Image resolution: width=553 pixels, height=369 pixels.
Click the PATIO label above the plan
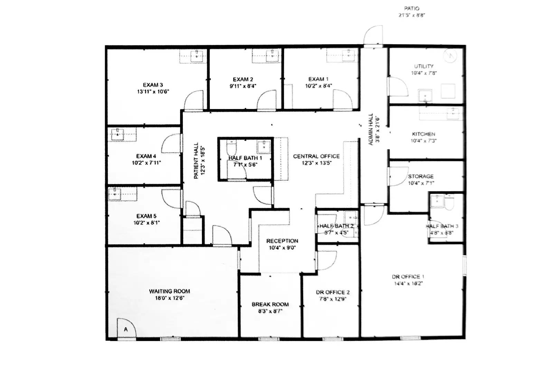coord(411,8)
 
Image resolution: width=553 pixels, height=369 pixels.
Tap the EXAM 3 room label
coord(153,85)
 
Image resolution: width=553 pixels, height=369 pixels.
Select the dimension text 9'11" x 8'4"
coord(243,86)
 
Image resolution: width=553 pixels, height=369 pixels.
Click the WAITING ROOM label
coord(169,291)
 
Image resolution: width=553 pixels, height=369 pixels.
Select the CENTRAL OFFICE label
coord(316,156)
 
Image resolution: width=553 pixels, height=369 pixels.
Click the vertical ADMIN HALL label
coord(371,129)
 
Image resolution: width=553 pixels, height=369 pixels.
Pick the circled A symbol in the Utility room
coord(451,55)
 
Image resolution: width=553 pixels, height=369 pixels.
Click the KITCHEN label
coord(423,134)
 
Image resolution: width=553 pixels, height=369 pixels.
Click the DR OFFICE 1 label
coord(408,277)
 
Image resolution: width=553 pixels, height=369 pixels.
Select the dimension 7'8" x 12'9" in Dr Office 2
coord(332,299)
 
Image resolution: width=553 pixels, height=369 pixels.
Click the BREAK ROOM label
coord(270,304)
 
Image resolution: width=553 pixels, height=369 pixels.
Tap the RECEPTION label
coord(282,241)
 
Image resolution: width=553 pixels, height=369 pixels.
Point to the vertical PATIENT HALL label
coord(196,160)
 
